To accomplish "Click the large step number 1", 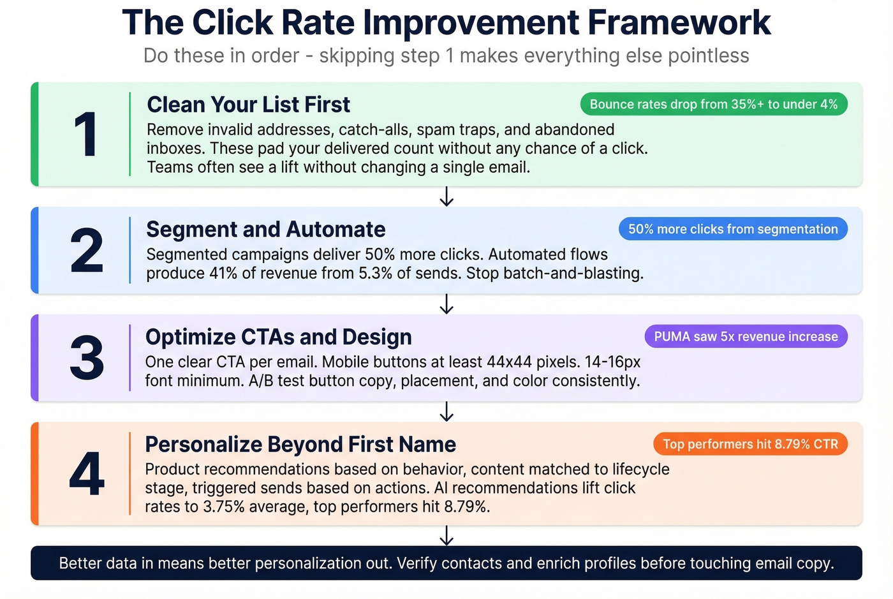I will point(85,135).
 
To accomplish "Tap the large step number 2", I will point(87,251).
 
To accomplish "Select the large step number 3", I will point(87,358).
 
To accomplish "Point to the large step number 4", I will point(87,474).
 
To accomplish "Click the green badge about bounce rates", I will point(713,104).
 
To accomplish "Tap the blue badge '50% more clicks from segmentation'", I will point(732,229).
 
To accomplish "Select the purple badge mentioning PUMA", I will point(746,336).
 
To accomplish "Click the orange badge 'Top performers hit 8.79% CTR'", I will point(750,444).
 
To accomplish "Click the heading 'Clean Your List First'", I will point(248,105).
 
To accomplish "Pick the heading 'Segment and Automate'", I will point(265,229).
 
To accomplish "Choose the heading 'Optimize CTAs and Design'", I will point(278,337).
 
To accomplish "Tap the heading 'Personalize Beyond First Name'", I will point(300,444).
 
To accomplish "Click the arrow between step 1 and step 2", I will point(447,196).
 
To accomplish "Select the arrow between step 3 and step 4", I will point(447,411).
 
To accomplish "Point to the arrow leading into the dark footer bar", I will point(447,535).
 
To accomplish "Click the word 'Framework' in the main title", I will point(679,23).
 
